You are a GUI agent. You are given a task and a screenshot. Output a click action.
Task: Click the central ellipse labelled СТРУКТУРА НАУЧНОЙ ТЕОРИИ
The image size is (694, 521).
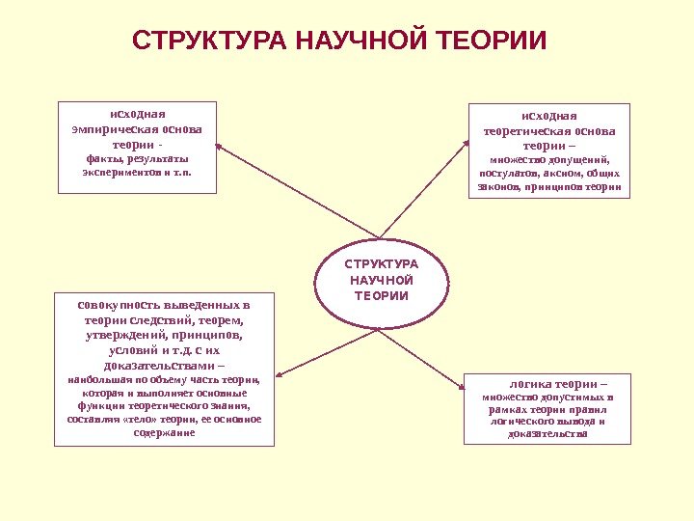(x=382, y=281)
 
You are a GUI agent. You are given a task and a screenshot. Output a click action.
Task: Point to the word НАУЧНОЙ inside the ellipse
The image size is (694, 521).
(x=382, y=280)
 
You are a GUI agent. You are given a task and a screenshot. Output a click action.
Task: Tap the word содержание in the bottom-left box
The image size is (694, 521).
(x=165, y=433)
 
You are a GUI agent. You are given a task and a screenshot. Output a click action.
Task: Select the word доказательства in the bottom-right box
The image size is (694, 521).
(x=547, y=434)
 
